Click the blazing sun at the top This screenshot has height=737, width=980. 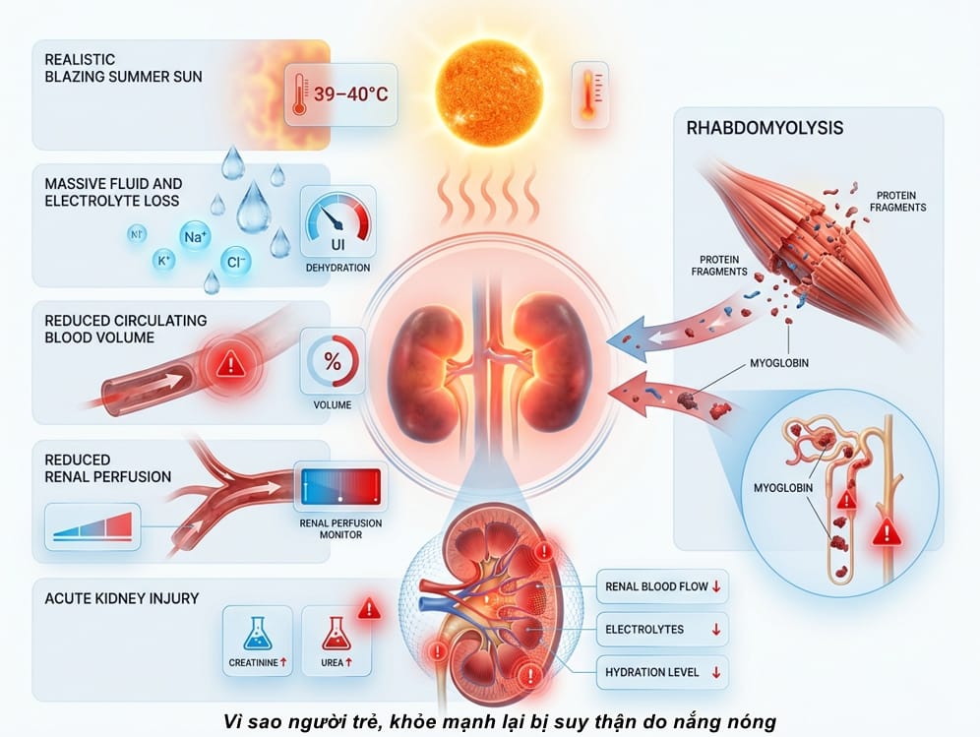coord(489,92)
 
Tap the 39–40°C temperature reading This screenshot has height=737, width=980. coord(350,94)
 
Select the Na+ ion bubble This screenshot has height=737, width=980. coord(195,237)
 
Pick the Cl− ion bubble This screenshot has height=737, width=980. coord(235,262)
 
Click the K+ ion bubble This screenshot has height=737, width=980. coord(163,260)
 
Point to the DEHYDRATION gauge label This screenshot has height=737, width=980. coord(337,268)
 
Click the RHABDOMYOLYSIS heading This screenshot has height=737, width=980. coord(765,128)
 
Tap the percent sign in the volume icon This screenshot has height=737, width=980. coord(333,361)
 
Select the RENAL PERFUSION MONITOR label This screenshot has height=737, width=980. coord(340,528)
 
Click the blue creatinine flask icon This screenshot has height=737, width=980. coord(258,634)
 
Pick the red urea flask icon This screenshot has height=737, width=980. coord(337,634)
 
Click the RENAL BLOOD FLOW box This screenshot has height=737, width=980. coord(662,586)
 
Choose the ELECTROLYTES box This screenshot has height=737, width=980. coord(662,630)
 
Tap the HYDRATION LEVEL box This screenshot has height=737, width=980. coord(662,673)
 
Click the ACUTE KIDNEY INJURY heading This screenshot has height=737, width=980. coord(122,598)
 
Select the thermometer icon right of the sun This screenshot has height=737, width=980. coord(589,95)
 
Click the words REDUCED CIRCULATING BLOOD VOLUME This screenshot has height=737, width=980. coord(126,329)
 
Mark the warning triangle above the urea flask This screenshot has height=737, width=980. coord(369,608)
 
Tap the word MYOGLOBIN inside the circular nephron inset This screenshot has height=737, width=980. coord(783,488)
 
